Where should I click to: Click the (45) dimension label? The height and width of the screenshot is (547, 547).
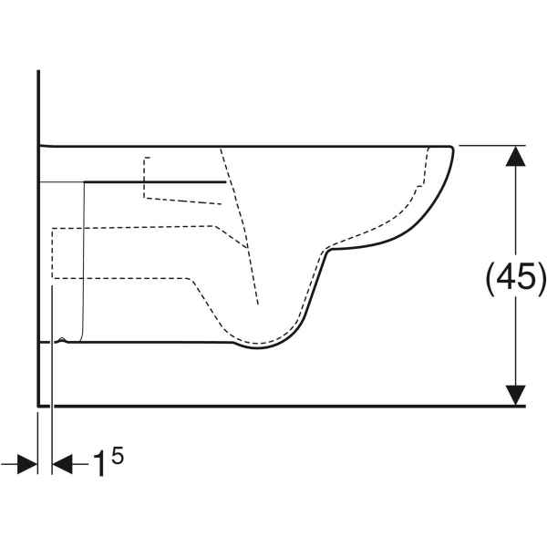(x=515, y=278)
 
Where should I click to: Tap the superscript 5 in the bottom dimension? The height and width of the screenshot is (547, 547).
(x=118, y=457)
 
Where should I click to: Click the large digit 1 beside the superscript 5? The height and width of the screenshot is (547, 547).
(x=99, y=464)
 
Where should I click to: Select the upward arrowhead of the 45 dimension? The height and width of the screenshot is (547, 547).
(x=516, y=156)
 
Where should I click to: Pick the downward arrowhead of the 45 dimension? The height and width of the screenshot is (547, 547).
(x=516, y=396)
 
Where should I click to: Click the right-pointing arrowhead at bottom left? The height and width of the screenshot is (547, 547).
(x=26, y=464)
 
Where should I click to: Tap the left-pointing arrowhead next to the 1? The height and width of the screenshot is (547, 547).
(x=62, y=464)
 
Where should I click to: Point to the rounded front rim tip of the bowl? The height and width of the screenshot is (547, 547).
(x=452, y=149)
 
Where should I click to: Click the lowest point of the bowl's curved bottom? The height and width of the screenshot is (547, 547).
(x=257, y=348)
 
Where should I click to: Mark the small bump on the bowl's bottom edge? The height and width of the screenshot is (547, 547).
(x=62, y=339)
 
